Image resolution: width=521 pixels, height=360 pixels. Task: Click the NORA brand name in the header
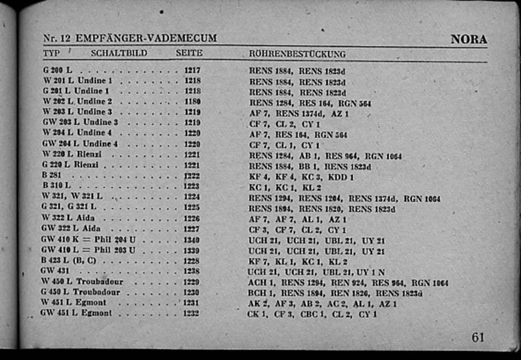point(469,39)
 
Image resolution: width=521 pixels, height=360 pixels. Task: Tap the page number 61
point(478,338)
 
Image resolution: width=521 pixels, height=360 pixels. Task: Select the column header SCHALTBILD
point(119,54)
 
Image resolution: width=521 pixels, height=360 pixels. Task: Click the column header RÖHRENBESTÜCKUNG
point(297,54)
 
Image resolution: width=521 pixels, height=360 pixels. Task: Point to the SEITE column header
point(189,54)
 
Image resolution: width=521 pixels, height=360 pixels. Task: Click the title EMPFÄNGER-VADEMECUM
point(146,39)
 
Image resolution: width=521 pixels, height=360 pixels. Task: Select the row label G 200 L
point(58,70)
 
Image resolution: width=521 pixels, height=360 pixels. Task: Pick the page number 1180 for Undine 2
point(192,102)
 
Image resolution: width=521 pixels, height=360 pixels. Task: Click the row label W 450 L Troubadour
point(82,282)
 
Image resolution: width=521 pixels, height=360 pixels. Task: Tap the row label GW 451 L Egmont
point(76,314)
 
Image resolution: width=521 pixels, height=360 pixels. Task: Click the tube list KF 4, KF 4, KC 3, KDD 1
point(301,177)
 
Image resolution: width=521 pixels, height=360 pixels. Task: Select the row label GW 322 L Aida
point(72,229)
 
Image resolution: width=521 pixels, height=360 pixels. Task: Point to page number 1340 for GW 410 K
point(192,240)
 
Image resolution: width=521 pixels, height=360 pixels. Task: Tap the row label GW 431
point(55,271)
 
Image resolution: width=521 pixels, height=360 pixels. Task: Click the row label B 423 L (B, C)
point(69,261)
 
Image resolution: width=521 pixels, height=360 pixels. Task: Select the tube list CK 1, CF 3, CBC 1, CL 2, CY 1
point(312,315)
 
